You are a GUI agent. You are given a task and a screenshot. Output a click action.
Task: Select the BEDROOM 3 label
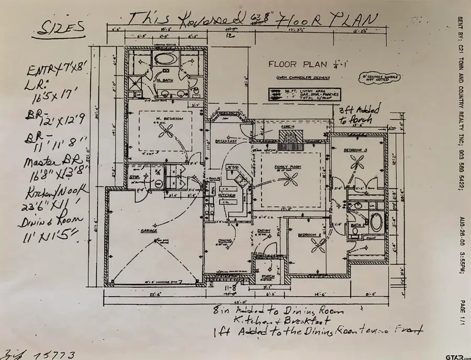coord(354,150)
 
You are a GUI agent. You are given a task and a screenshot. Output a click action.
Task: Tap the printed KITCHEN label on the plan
coord(228,195)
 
